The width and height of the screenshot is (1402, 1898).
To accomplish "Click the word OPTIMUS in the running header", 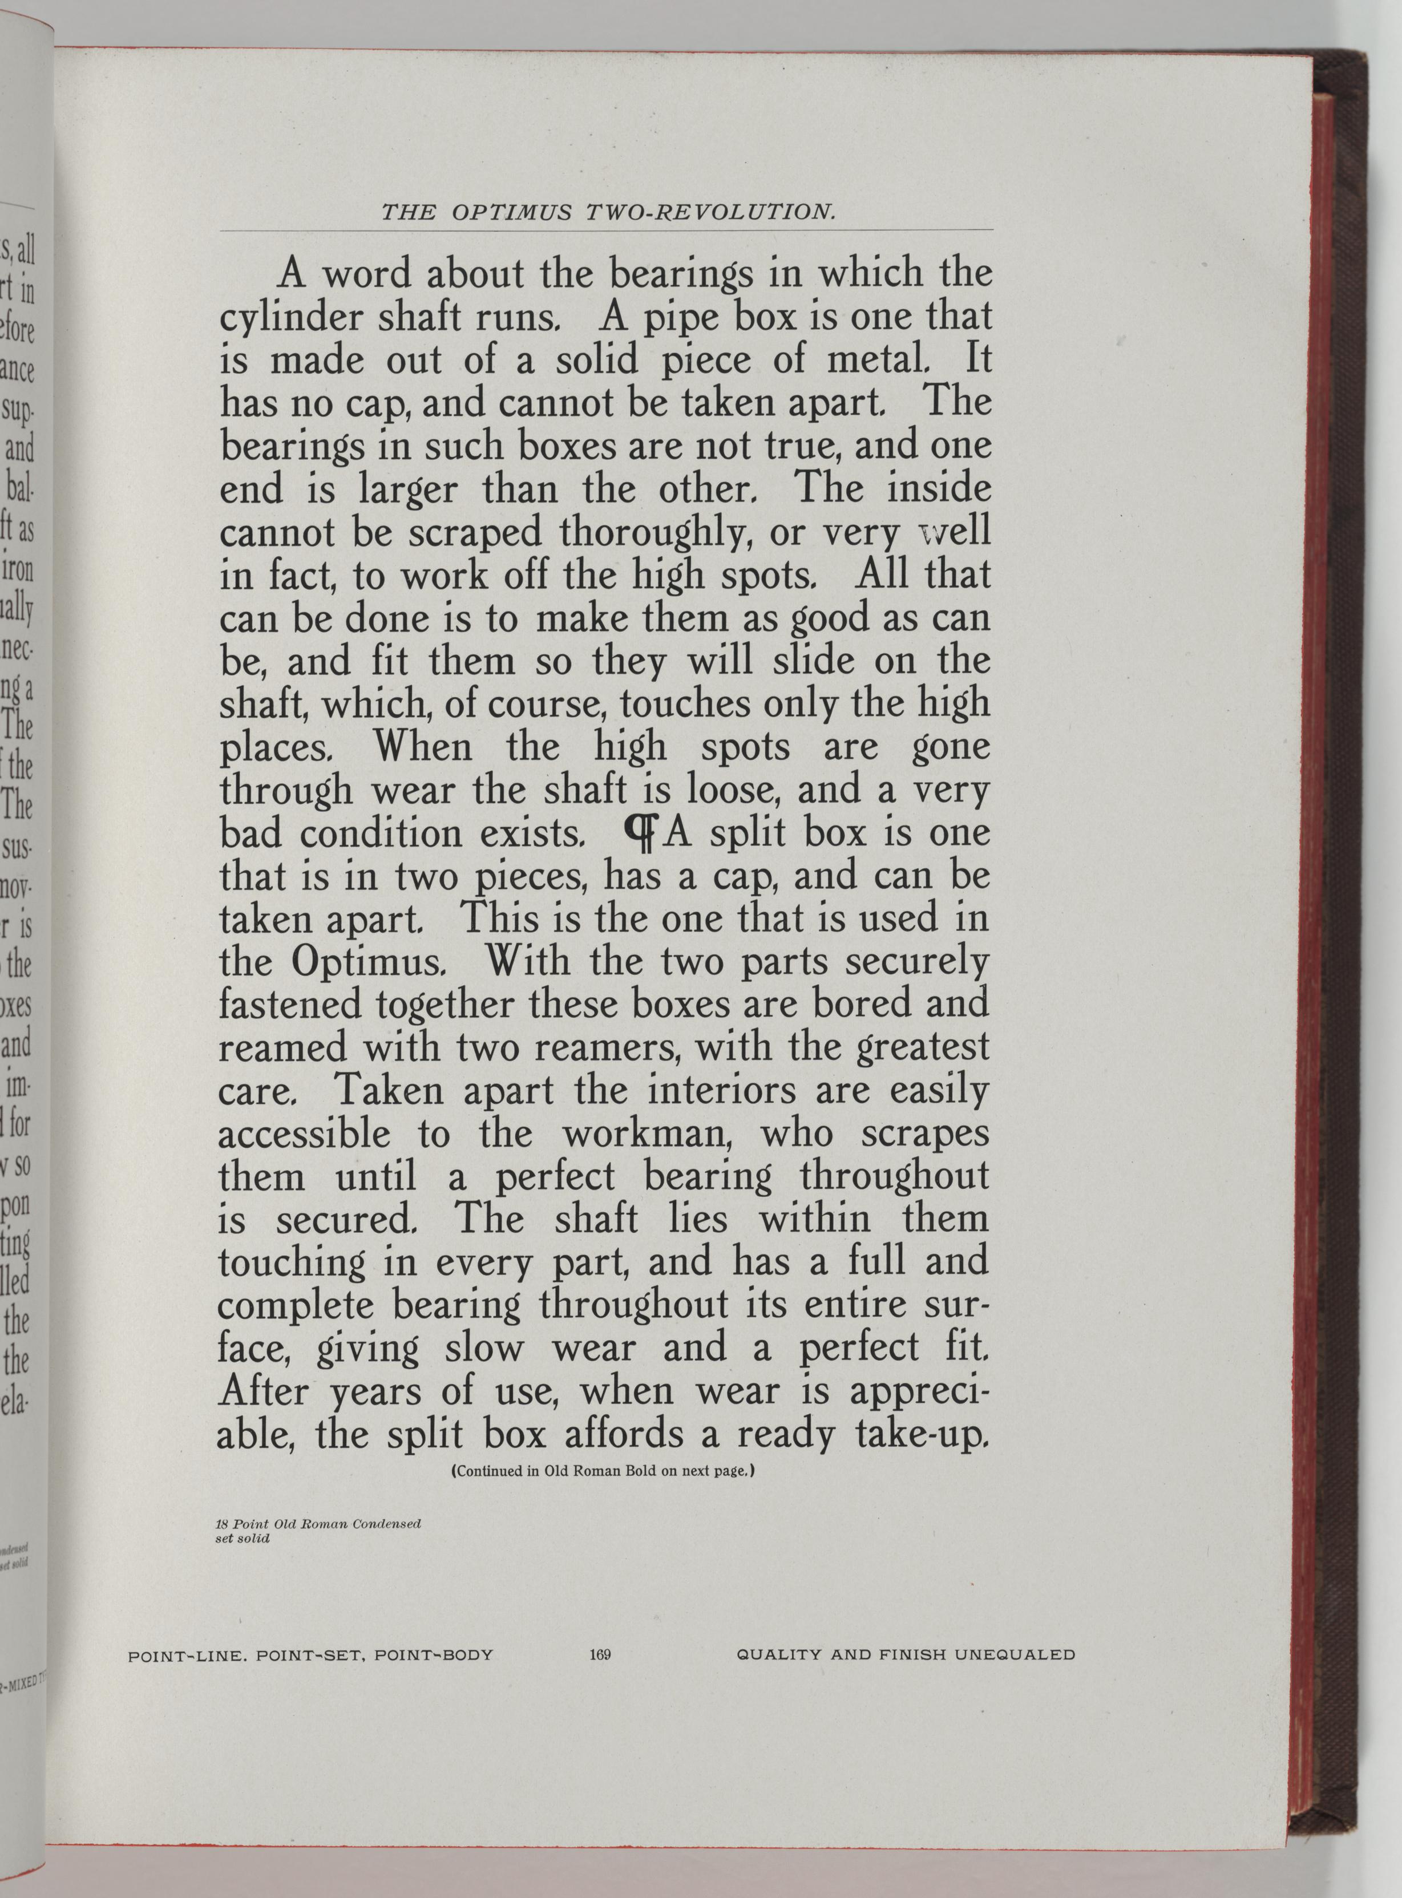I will click(x=512, y=212).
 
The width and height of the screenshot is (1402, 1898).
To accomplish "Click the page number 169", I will click(x=600, y=1654).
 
